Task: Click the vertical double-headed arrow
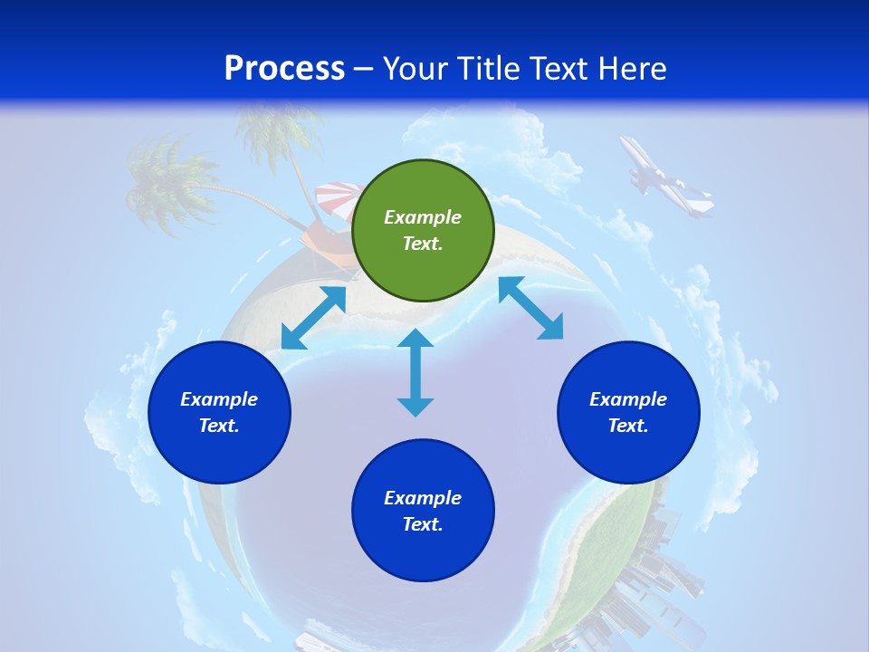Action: (415, 372)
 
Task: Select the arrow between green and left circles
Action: (313, 318)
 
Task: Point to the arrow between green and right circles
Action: (531, 308)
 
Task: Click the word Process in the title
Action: (284, 68)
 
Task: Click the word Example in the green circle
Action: (423, 217)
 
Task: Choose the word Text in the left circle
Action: (219, 426)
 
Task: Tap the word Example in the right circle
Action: (628, 399)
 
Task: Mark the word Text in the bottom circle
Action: (423, 524)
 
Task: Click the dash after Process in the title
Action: (363, 69)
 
